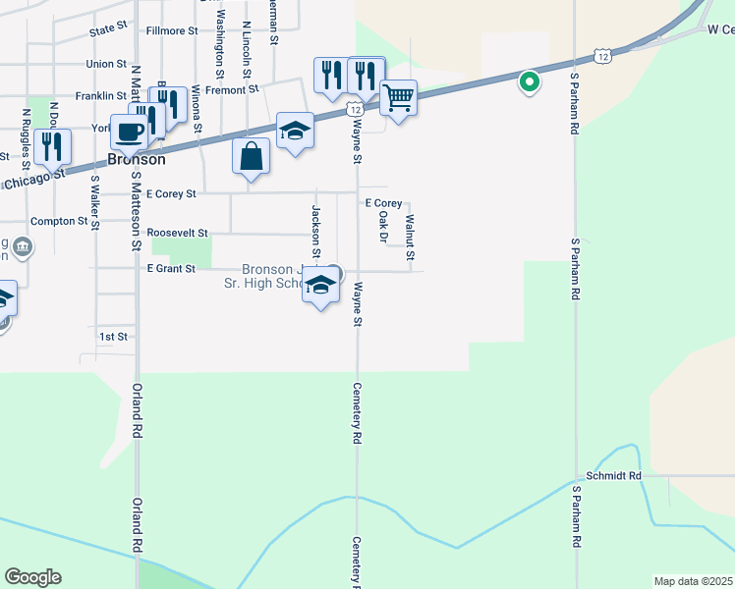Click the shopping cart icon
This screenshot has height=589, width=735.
[398, 98]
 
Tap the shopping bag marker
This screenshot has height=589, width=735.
[252, 156]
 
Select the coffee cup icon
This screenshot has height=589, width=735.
[129, 132]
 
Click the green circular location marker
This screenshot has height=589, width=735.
[529, 82]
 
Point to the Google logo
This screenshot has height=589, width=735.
[32, 577]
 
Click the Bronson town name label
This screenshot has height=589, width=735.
[136, 158]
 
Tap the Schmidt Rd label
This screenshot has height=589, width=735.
[613, 476]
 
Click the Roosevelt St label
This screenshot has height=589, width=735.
[177, 233]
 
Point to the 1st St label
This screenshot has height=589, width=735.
[114, 336]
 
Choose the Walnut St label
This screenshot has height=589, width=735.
[410, 238]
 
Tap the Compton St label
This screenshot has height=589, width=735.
[59, 221]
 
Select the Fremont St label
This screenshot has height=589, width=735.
[231, 88]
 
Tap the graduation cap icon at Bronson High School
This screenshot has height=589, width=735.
[320, 287]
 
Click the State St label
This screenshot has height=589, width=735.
[109, 31]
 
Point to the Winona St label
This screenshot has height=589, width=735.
[197, 108]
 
